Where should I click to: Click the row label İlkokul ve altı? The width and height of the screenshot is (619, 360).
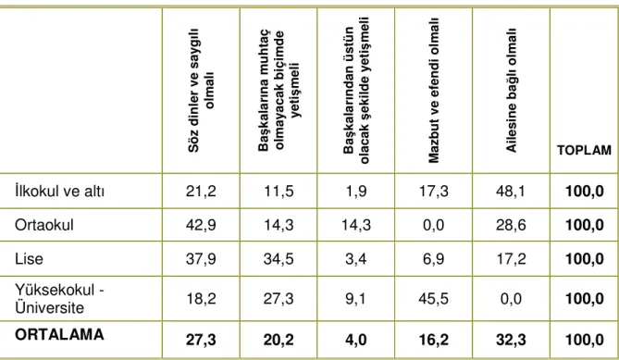click(x=59, y=191)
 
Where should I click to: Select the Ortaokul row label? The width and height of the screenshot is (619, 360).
click(x=44, y=225)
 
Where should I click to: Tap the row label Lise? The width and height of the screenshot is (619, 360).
click(x=29, y=259)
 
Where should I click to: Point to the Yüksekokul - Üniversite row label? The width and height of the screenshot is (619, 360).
click(x=59, y=299)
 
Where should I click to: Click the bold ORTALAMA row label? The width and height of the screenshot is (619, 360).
click(x=59, y=335)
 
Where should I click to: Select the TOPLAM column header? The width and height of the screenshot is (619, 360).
click(x=584, y=151)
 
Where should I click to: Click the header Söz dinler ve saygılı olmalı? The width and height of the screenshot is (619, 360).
click(x=201, y=91)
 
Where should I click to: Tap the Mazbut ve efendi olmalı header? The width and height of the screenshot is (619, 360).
click(x=433, y=91)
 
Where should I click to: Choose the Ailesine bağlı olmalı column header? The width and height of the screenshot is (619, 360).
click(x=512, y=91)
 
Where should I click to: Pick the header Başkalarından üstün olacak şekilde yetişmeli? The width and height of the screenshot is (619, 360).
click(x=356, y=91)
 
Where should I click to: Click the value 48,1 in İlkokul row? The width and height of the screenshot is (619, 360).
click(x=511, y=192)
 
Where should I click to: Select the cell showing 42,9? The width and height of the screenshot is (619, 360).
click(x=201, y=225)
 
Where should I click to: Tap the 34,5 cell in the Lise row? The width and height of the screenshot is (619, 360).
click(x=279, y=259)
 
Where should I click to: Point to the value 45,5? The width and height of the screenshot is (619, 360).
click(x=433, y=299)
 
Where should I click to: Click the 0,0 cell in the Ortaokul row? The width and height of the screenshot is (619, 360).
click(x=433, y=225)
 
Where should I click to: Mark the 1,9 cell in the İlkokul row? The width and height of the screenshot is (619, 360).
click(x=356, y=192)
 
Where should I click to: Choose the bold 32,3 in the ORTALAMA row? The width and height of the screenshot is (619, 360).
click(x=511, y=340)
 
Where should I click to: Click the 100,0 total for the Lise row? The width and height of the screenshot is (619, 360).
click(x=585, y=259)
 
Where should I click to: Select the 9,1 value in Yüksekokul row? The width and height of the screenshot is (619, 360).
click(x=356, y=299)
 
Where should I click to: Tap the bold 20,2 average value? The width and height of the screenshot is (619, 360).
click(x=279, y=340)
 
